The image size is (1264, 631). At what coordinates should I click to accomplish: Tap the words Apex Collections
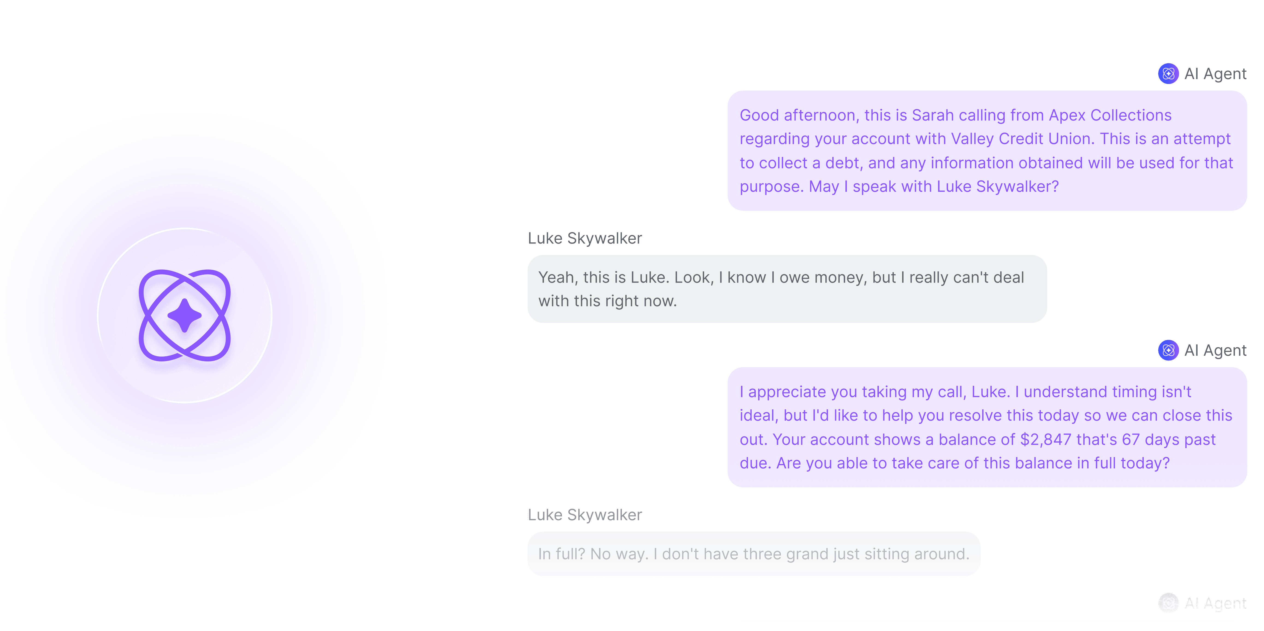(1110, 115)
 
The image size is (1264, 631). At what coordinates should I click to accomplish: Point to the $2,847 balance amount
(1045, 440)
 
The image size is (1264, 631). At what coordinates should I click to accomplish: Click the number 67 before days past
(1131, 440)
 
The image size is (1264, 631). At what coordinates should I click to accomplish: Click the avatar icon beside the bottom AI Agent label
(1168, 603)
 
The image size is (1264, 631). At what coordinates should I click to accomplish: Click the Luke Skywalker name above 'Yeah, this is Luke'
(585, 239)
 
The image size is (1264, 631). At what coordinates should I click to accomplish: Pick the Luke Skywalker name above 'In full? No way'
(585, 515)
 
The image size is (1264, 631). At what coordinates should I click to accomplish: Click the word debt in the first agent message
(842, 163)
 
